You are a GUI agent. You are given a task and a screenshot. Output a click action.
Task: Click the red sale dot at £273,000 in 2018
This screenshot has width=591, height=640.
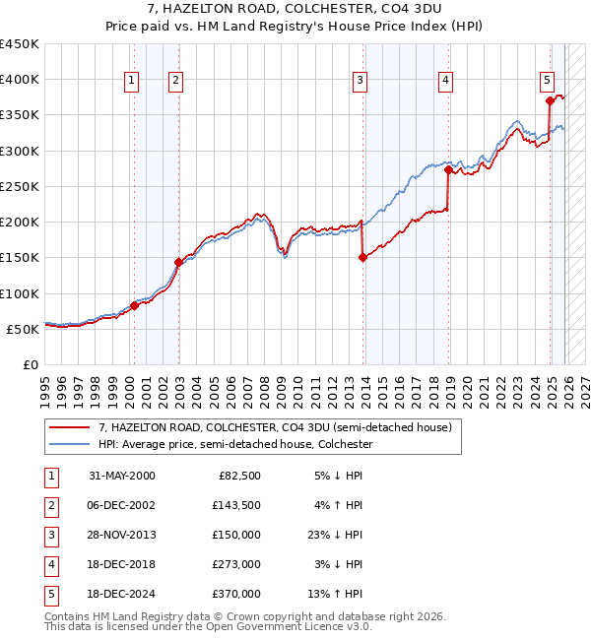448,169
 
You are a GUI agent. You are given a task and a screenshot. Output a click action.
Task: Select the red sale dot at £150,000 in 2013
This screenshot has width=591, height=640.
362,257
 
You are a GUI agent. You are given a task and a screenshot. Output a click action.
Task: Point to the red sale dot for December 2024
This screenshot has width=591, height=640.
550,100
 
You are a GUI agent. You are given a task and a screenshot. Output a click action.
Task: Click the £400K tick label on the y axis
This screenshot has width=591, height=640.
20,80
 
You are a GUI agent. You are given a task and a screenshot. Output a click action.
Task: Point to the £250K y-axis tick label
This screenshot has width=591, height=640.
20,186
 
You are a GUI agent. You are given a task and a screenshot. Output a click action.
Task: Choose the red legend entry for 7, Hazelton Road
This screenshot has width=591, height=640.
275,427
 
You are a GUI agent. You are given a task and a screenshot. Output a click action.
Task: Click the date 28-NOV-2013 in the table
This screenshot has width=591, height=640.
122,535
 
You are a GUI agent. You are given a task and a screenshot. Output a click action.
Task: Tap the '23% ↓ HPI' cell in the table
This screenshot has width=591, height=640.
334,535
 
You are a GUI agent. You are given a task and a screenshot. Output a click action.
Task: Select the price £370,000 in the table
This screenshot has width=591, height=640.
236,594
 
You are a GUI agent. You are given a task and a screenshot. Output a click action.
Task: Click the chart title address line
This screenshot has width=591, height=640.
295,9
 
